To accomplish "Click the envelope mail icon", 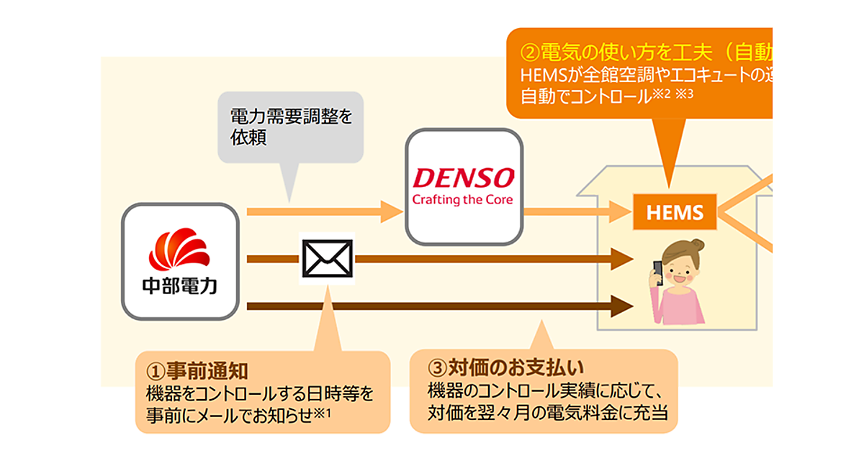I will coord(326,258).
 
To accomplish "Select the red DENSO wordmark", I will coord(462,178).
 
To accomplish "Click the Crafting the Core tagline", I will coord(462,199).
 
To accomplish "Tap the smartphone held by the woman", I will coord(657,271).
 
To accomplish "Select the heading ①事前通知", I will coord(197,371).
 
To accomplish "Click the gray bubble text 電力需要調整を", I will coord(292,116).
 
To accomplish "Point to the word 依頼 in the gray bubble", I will coord(248,138).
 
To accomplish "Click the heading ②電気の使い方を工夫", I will coord(619,52).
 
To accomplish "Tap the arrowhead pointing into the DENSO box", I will coord(392,211).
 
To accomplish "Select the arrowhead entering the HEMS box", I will coord(622,211).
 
